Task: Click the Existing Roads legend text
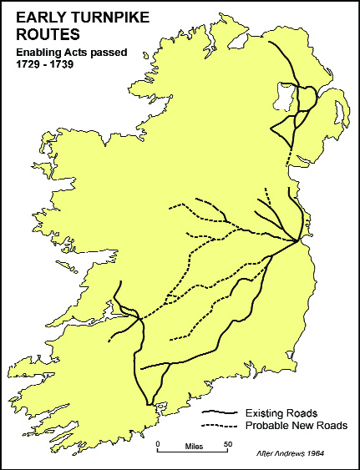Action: [281, 412]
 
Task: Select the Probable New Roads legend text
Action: [297, 426]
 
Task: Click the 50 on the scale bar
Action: [227, 442]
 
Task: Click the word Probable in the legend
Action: [266, 426]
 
